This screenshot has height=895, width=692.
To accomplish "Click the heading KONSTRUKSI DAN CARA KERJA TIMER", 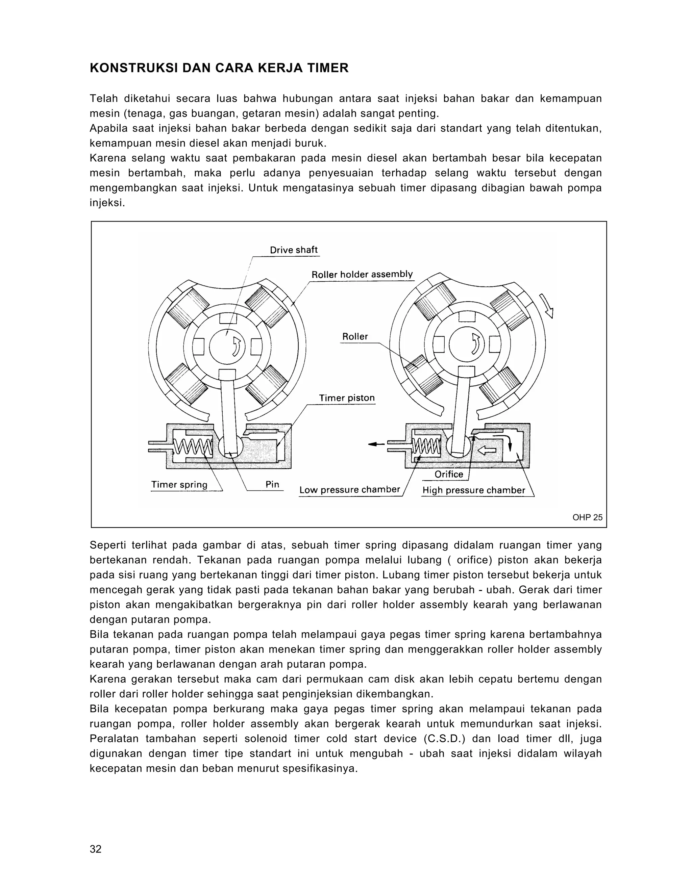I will pos(219,68).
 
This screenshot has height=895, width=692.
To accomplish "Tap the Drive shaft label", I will pos(294,250).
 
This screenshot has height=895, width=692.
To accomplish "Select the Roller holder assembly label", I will pos(362,275).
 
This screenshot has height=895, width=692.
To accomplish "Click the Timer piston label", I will pos(347,398).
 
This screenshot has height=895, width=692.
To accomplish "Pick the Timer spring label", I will pos(179,484).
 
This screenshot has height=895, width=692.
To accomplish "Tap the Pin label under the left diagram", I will pos(272,484).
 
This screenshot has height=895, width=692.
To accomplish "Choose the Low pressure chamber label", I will pos(349,490).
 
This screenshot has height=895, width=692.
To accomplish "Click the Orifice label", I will pos(449,474).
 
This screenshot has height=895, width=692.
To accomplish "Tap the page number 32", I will pos(96,849).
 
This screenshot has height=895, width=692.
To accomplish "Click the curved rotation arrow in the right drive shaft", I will pos(475,343).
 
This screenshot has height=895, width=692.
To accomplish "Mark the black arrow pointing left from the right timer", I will pos(376,444).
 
